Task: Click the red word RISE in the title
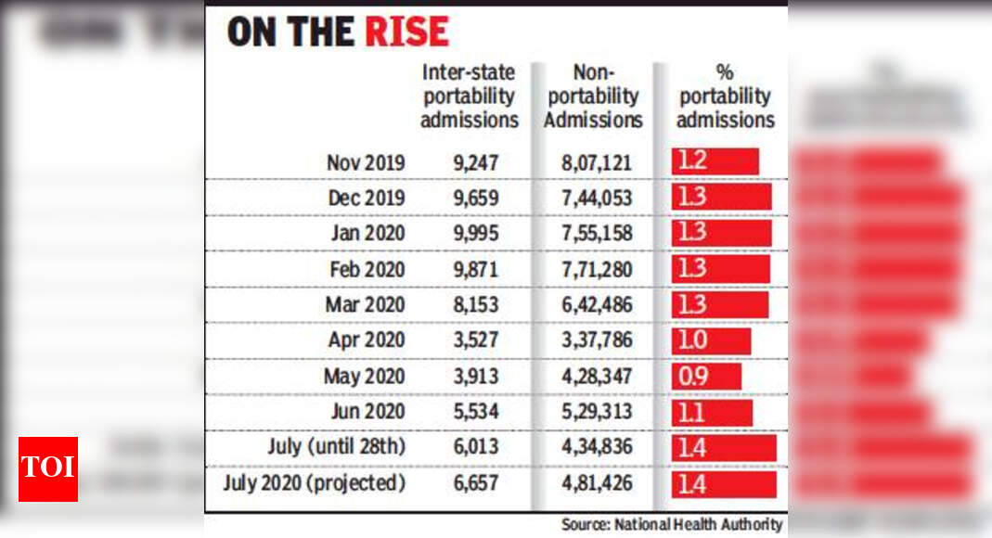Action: (406, 32)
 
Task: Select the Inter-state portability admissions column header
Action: (470, 96)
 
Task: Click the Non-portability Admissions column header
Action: (593, 96)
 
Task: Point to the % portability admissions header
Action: (725, 96)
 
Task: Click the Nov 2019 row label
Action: (366, 163)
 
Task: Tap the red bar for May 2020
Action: (706, 377)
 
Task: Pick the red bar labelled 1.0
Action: (711, 340)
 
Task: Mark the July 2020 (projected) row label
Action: (315, 483)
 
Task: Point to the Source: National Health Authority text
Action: (672, 525)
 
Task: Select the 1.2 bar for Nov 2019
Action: (715, 161)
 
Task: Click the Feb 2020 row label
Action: (367, 269)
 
